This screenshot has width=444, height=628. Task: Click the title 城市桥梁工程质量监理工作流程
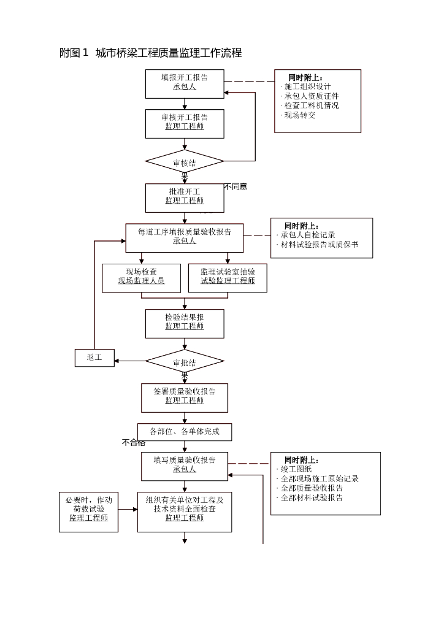pyautogui.click(x=150, y=53)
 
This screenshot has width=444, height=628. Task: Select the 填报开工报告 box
pyautogui.click(x=185, y=83)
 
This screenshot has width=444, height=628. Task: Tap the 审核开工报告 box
pyautogui.click(x=185, y=123)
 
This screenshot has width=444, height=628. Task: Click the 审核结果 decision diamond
pyautogui.click(x=185, y=162)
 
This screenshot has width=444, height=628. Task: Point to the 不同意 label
pyautogui.click(x=235, y=186)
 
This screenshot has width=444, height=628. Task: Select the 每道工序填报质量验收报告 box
pyautogui.click(x=185, y=237)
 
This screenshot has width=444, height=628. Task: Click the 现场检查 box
pyautogui.click(x=141, y=277)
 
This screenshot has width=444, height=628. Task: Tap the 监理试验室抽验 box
pyautogui.click(x=228, y=277)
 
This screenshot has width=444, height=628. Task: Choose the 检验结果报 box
pyautogui.click(x=185, y=323)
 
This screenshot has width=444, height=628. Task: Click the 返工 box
pyautogui.click(x=94, y=358)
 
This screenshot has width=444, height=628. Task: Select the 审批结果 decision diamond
pyautogui.click(x=185, y=362)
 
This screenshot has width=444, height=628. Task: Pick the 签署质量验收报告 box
pyautogui.click(x=185, y=397)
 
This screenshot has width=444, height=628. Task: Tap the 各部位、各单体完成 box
pyautogui.click(x=185, y=432)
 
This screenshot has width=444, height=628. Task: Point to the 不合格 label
pyautogui.click(x=134, y=442)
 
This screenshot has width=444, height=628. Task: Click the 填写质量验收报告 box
pyautogui.click(x=185, y=465)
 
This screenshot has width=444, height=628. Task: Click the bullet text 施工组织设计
pyautogui.click(x=307, y=86)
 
